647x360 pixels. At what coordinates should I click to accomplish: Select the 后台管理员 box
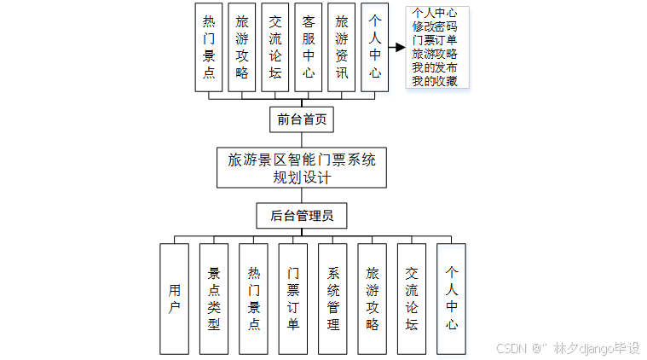coord(302,216)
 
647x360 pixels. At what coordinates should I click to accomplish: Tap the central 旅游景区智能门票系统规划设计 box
coord(302,168)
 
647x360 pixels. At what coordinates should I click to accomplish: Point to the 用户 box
coord(174,299)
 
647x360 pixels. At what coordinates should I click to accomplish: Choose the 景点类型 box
coord(214,299)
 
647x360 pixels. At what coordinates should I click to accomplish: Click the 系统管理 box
coord(332,299)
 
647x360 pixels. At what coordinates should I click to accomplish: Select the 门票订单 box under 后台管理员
coord(293,299)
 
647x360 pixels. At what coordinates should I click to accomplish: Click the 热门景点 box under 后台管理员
coord(253,299)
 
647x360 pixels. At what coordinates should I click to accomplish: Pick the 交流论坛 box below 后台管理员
coord(412,299)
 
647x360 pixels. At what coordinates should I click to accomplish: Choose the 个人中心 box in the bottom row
coord(452,299)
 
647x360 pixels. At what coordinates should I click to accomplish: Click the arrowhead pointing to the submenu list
coord(398,49)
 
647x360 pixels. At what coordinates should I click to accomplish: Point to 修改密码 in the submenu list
coord(435,26)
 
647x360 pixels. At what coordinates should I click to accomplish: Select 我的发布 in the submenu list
coord(435,67)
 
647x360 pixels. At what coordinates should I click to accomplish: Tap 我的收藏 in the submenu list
coord(435,81)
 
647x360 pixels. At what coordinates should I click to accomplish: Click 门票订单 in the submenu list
coord(435,40)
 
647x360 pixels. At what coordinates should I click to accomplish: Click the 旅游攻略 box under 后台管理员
coord(373,299)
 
